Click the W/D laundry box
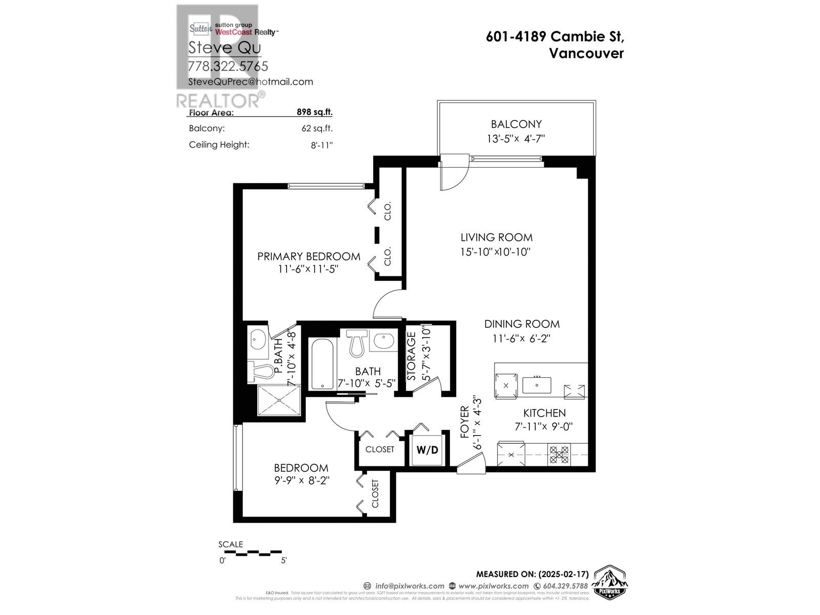[x=427, y=450]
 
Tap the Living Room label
[x=496, y=237]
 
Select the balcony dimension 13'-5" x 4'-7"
[x=516, y=139]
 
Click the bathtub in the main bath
[x=322, y=364]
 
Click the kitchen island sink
[x=537, y=385]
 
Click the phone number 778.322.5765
[x=228, y=66]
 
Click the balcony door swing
[x=454, y=173]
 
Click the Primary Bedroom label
[x=309, y=256]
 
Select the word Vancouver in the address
[x=586, y=53]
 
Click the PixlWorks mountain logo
[x=610, y=582]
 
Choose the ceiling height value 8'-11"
[x=322, y=145]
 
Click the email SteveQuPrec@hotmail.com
[x=250, y=81]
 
